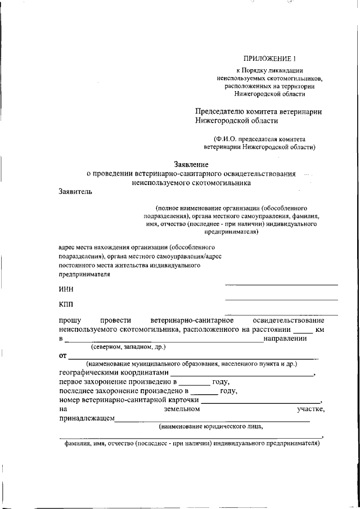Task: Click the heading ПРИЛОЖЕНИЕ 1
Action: click(x=268, y=58)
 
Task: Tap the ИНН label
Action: click(x=66, y=290)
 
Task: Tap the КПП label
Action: click(x=66, y=304)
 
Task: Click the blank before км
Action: click(x=303, y=330)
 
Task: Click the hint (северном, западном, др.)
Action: click(x=124, y=347)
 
